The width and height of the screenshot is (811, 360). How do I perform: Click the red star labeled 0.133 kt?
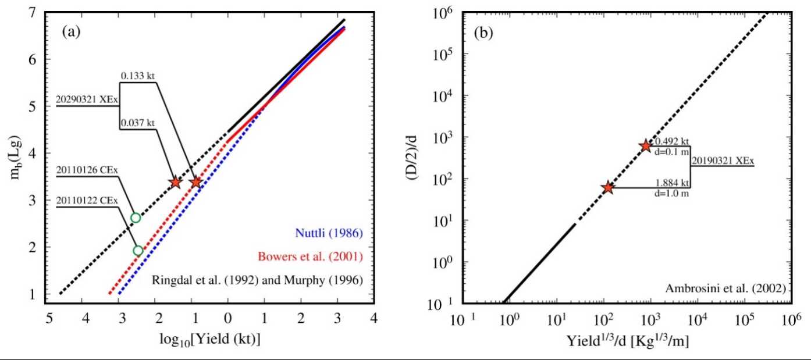click(x=196, y=182)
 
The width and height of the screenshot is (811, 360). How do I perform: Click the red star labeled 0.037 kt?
click(x=175, y=182)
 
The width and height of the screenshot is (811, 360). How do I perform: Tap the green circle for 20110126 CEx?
click(x=136, y=218)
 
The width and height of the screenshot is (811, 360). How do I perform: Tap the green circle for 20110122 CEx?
click(x=138, y=251)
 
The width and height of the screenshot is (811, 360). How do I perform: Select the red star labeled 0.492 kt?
click(x=645, y=145)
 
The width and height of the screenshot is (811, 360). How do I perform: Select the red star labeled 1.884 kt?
click(x=608, y=188)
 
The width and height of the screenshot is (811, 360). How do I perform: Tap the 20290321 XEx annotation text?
click(x=87, y=99)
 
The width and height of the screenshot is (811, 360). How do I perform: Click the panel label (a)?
click(x=72, y=33)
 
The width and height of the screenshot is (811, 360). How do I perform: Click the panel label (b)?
click(x=483, y=33)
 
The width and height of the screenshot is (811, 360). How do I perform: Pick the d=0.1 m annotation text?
click(x=673, y=152)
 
